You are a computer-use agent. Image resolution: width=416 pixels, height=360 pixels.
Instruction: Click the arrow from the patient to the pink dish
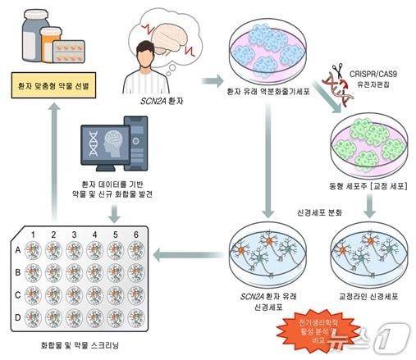214,80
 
